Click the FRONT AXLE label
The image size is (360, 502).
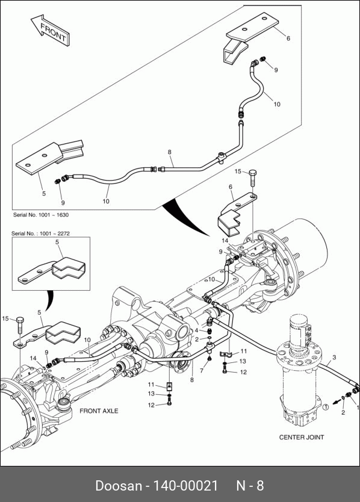tap(99, 411)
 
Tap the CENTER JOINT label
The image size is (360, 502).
tap(302, 438)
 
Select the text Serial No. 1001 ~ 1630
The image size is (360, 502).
tap(41, 215)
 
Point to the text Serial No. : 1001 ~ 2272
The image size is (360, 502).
tap(40, 234)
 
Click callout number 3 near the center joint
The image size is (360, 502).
tap(334, 358)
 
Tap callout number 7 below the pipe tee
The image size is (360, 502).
tap(202, 371)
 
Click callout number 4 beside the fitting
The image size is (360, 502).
tap(197, 330)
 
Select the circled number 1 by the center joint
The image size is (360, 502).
tap(325, 407)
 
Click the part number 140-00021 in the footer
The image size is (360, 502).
tap(185, 485)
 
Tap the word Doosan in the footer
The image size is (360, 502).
tap(119, 485)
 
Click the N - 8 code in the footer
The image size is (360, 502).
tap(250, 485)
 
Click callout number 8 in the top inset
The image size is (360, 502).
tap(170, 152)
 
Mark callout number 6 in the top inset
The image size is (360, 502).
tap(288, 38)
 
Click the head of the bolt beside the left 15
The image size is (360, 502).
tap(20, 320)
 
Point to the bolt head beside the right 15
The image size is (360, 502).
tap(253, 173)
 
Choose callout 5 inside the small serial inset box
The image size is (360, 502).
tap(57, 242)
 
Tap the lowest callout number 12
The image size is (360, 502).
tap(152, 405)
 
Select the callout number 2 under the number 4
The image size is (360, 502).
tap(197, 339)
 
